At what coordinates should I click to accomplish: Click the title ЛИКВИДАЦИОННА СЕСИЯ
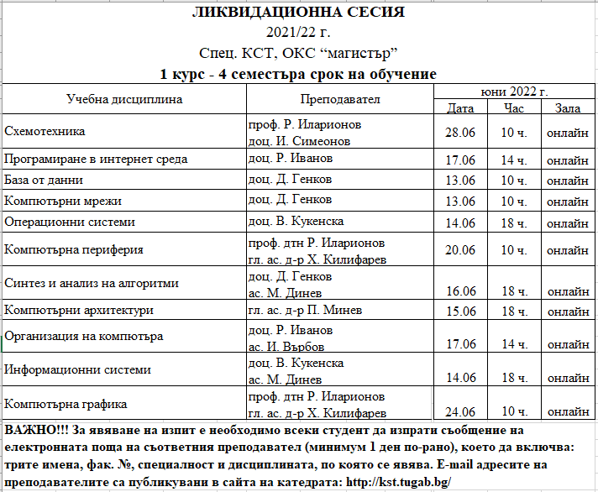(298, 13)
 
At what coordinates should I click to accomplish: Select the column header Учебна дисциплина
(123, 100)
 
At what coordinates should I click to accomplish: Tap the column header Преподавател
(338, 100)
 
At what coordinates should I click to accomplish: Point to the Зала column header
(567, 108)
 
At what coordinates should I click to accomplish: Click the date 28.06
(460, 133)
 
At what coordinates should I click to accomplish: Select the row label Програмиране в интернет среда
(96, 159)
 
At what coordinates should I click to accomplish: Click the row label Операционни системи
(70, 222)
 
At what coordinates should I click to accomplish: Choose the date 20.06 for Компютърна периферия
(460, 250)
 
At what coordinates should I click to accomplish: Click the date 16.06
(460, 291)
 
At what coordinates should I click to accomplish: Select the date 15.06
(460, 311)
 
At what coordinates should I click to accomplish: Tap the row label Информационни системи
(78, 369)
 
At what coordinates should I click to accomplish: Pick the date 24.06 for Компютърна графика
(460, 411)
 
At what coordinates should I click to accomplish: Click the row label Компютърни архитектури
(79, 311)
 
